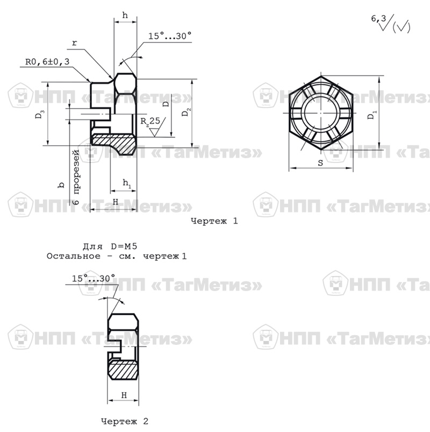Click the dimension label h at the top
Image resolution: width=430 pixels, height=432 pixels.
click(x=125, y=15)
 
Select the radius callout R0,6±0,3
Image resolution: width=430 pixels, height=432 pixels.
click(x=47, y=61)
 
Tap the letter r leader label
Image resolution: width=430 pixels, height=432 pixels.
click(x=74, y=44)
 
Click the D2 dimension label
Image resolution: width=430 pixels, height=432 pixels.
click(x=186, y=112)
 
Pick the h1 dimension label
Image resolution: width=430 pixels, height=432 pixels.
click(x=127, y=183)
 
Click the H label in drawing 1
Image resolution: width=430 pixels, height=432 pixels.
click(x=116, y=202)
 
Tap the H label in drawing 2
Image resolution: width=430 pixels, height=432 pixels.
click(x=124, y=395)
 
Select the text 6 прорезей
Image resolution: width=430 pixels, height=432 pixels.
click(x=76, y=177)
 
